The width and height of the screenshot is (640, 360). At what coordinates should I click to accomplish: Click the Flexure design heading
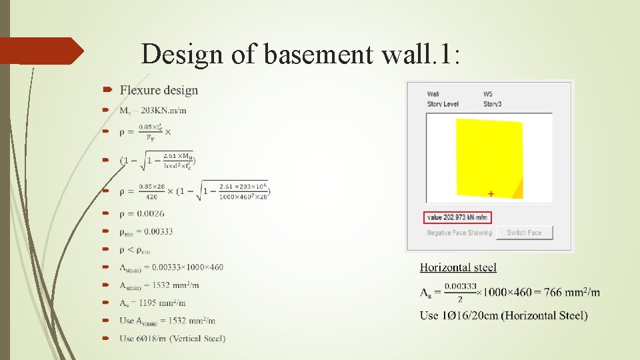159,90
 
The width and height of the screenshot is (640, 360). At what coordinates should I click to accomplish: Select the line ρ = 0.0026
142,213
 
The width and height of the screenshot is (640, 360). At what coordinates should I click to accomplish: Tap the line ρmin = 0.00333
147,231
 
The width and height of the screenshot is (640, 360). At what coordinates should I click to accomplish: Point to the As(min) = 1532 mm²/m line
159,285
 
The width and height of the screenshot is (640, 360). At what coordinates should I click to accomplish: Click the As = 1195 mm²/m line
153,303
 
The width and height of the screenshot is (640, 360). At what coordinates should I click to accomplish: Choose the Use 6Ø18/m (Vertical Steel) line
173,338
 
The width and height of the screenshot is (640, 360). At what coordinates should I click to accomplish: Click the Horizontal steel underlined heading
458,267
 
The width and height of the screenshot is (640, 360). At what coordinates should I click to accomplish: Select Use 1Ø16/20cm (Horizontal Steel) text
503,315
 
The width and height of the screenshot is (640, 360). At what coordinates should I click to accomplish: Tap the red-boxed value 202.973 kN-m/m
457,217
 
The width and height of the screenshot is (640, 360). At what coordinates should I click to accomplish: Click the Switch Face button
524,233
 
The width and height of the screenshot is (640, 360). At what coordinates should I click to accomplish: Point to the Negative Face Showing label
459,233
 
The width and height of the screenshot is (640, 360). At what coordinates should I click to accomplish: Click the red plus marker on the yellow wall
491,194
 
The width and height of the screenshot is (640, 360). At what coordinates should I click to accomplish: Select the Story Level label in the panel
443,104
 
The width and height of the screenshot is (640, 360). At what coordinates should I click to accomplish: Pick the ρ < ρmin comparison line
135,249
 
